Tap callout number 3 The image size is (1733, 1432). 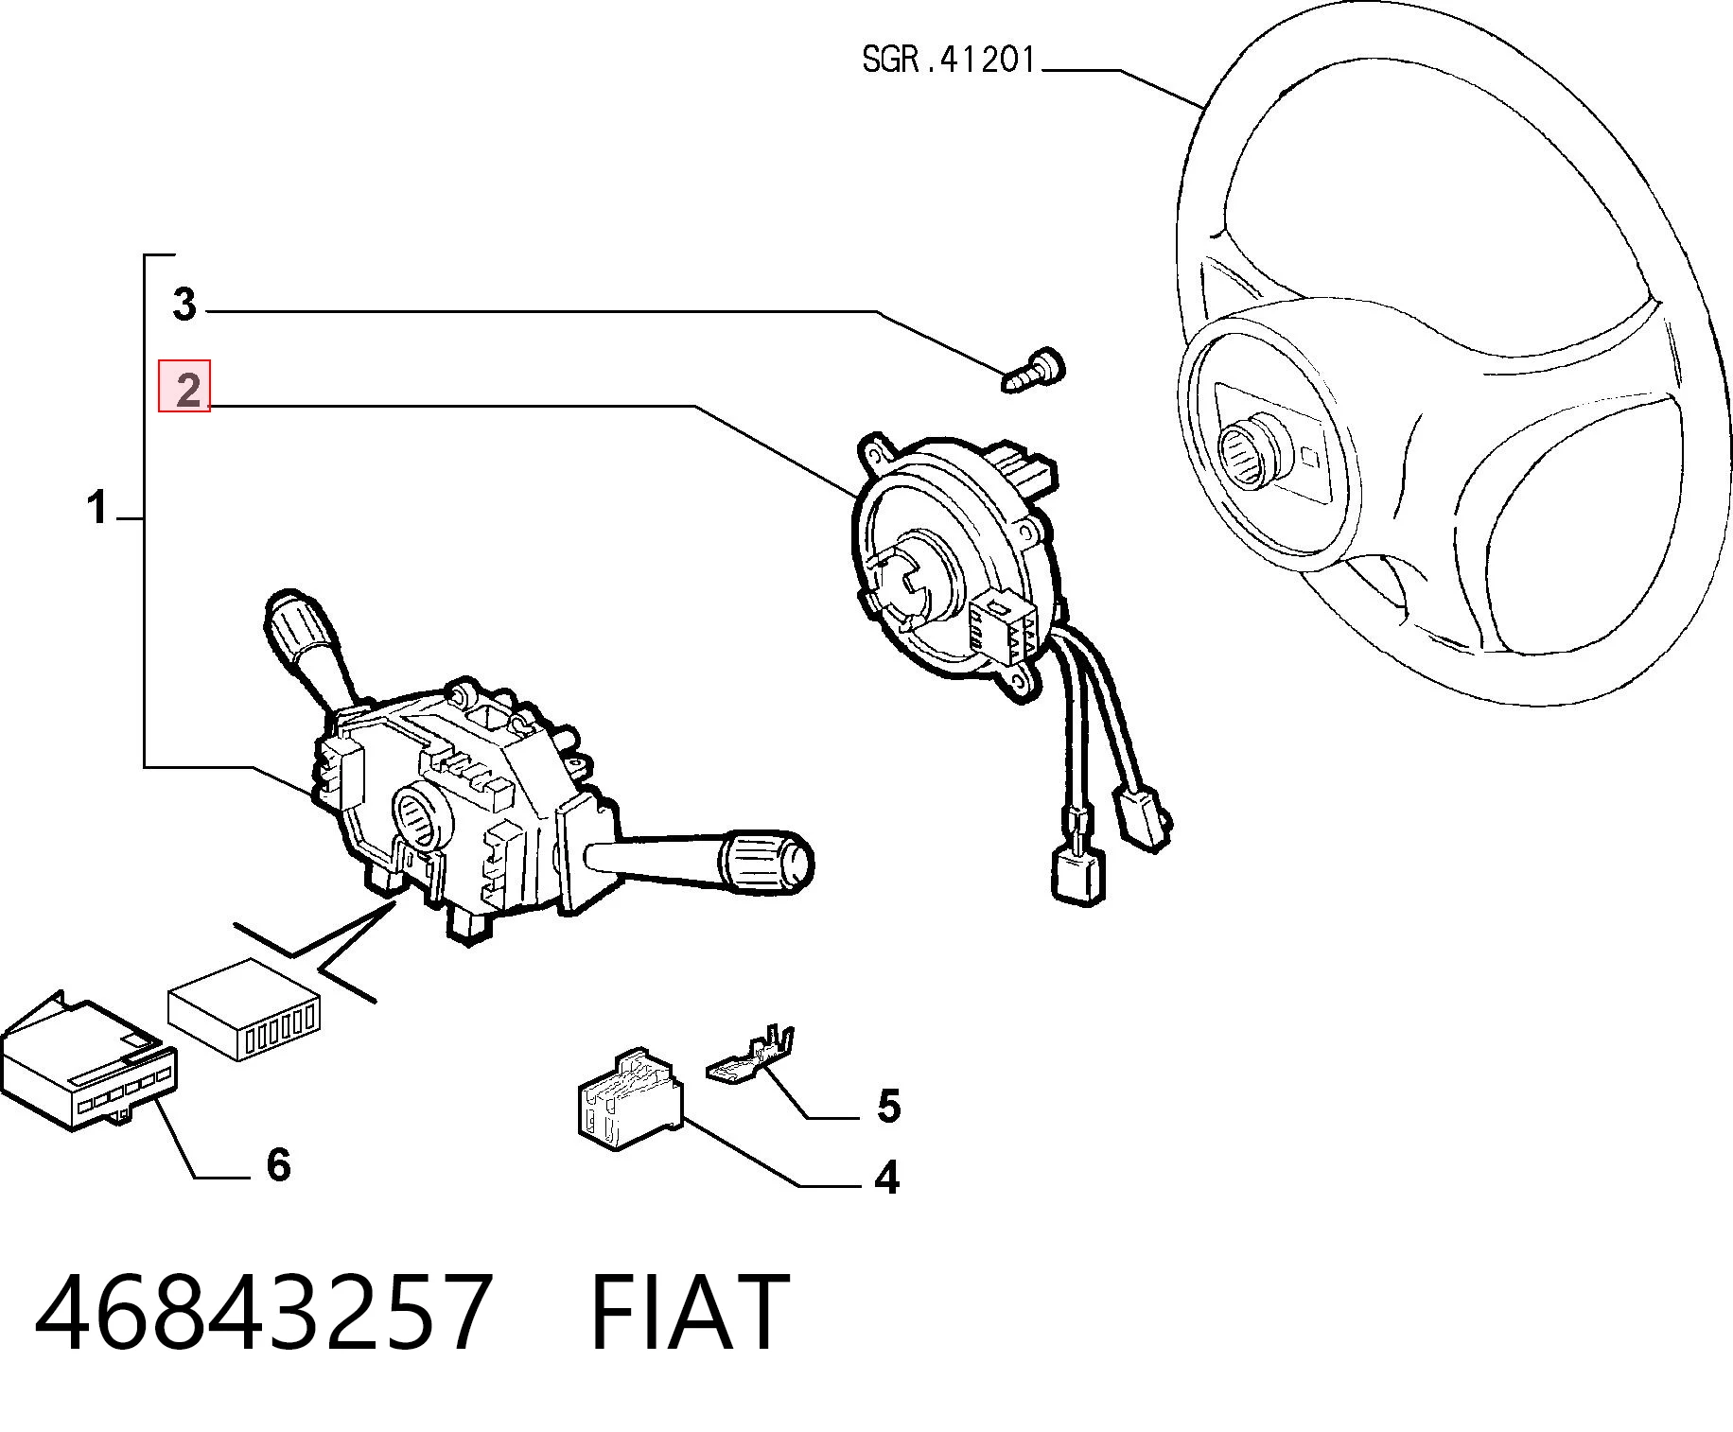click(184, 305)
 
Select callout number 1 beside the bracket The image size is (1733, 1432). click(97, 508)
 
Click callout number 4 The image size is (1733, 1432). click(886, 1178)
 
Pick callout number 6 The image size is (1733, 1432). click(277, 1165)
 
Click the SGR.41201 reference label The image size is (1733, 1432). click(950, 61)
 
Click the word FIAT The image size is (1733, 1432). click(690, 1312)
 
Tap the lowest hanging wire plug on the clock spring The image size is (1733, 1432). click(1077, 872)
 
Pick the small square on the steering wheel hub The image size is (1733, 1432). click(1311, 457)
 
